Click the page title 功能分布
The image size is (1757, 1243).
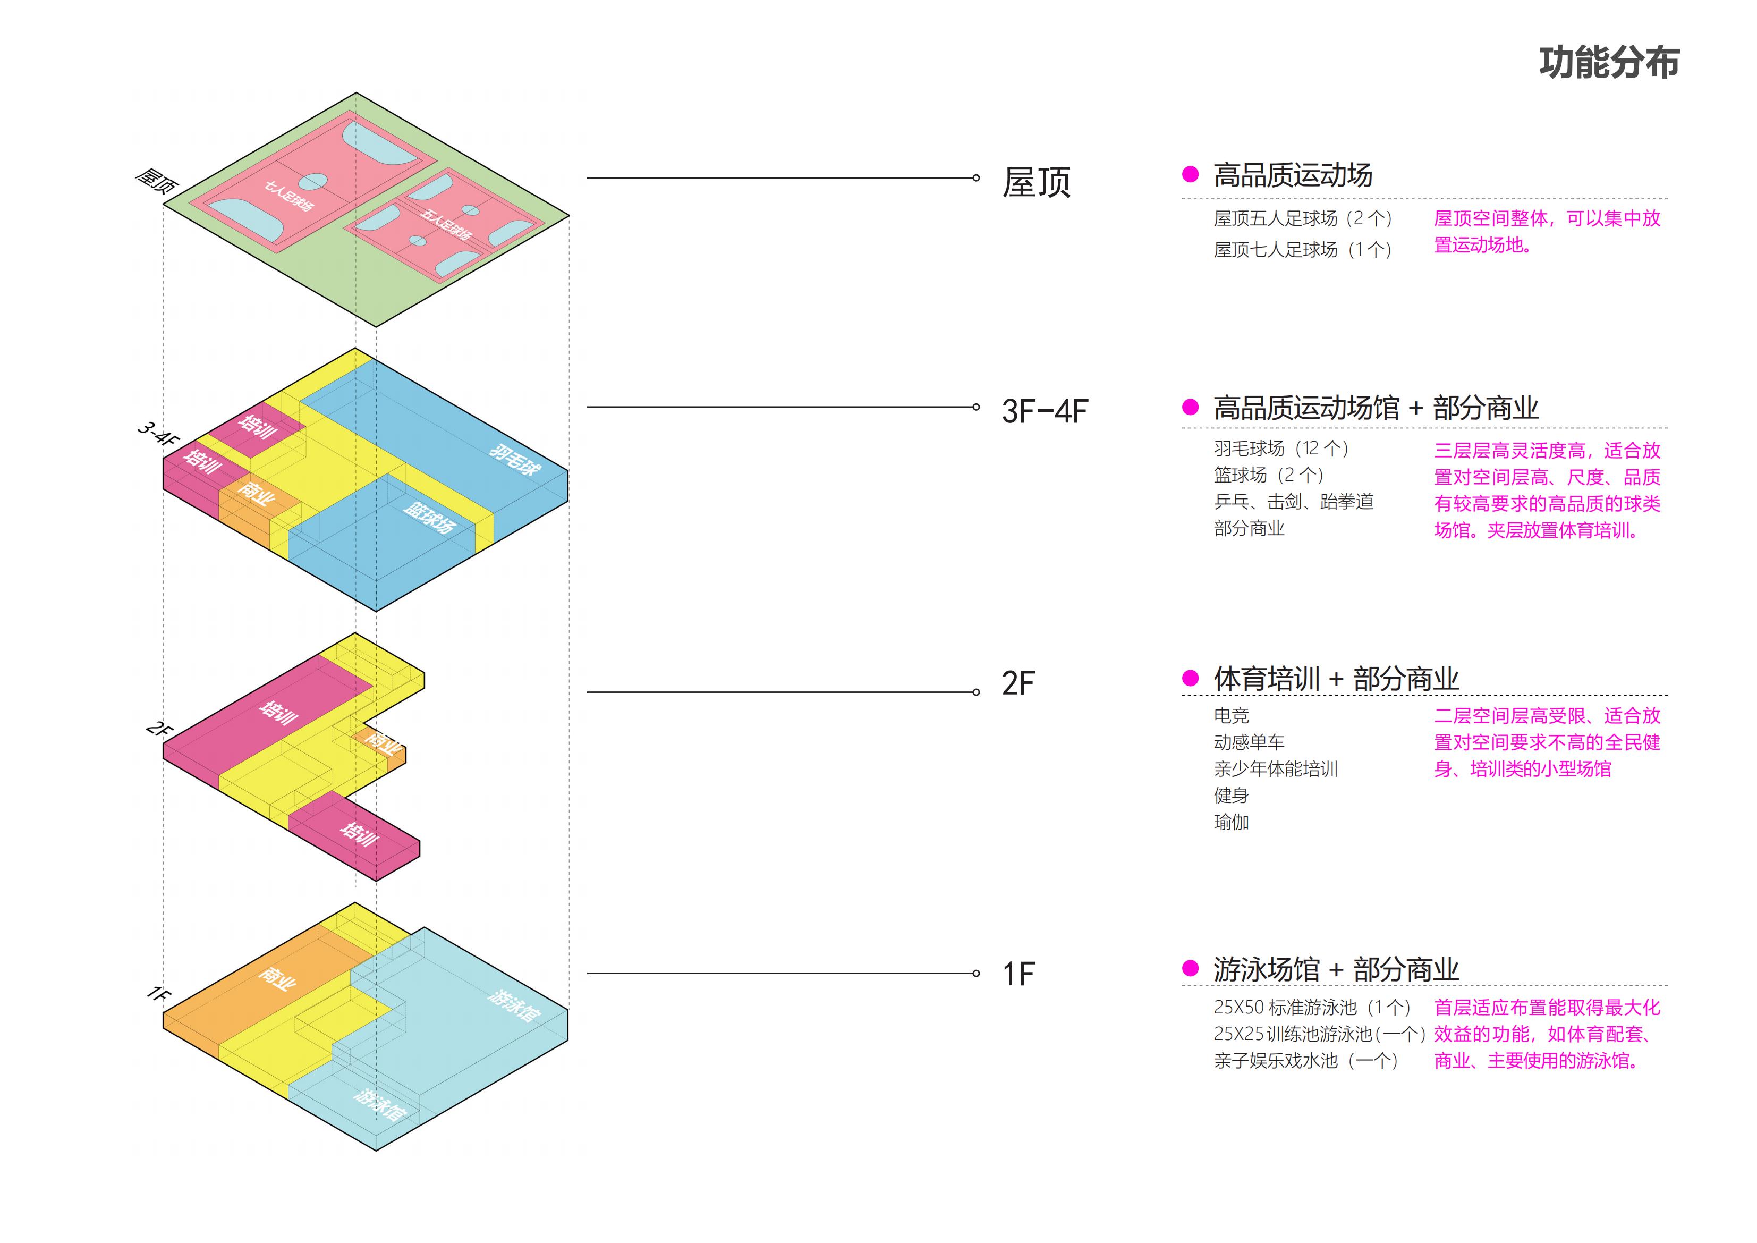pos(1609,63)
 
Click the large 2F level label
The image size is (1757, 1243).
pos(1018,683)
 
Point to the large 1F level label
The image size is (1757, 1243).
pos(1018,974)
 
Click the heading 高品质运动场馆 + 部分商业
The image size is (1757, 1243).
pos(1375,408)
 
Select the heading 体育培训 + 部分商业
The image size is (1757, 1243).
pos(1335,679)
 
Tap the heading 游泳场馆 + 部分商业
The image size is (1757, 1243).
pos(1335,970)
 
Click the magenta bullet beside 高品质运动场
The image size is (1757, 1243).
pos(1190,174)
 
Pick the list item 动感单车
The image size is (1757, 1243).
pos(1249,742)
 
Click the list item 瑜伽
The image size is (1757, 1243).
pos(1231,822)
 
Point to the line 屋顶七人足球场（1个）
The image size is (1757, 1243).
pos(1302,250)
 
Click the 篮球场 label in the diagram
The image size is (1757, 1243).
pos(429,518)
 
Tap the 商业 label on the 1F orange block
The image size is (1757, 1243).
pos(277,978)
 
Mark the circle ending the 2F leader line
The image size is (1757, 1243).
pos(975,692)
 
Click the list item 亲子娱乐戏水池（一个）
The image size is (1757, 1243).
pos(1305,1061)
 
